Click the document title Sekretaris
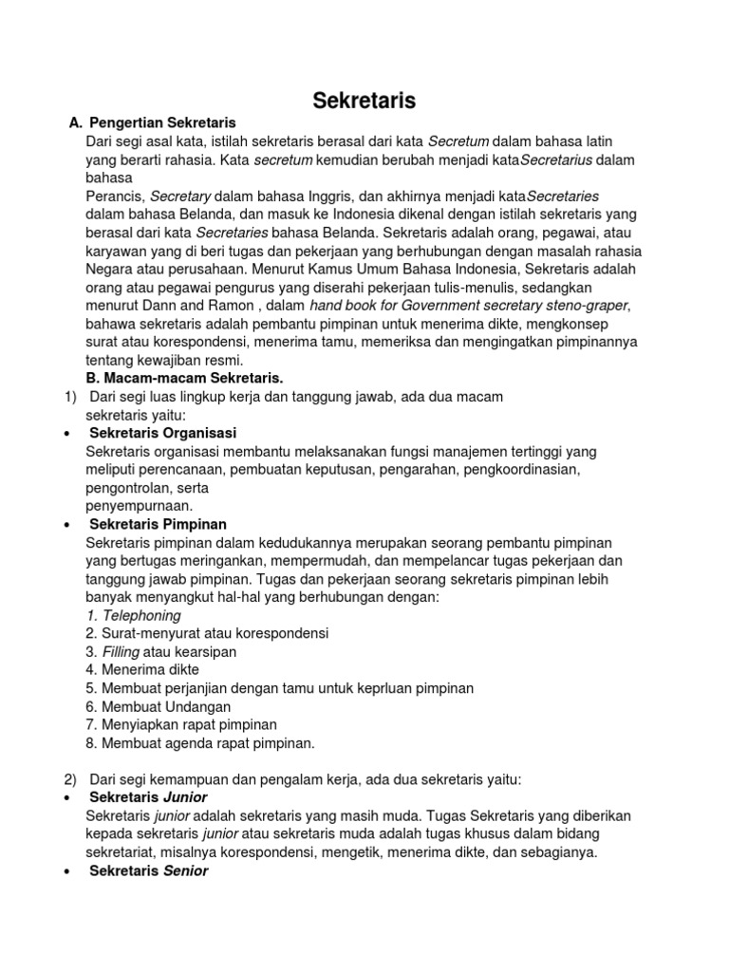click(364, 101)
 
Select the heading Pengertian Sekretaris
click(161, 123)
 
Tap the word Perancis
click(113, 196)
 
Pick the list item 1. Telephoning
click(133, 615)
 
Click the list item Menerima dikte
click(141, 669)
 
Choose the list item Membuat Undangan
click(158, 706)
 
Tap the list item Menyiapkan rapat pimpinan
click(175, 724)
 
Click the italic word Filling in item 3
click(121, 652)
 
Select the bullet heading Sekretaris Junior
click(148, 797)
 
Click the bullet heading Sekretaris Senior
click(149, 870)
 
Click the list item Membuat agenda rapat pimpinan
click(199, 742)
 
